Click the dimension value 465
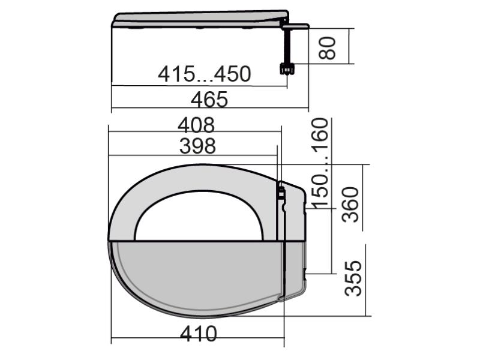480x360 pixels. (209, 99)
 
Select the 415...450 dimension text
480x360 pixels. (204, 74)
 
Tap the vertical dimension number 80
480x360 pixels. (327, 48)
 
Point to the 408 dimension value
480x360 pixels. (196, 125)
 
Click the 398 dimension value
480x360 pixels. (197, 146)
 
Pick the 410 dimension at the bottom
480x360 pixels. (199, 334)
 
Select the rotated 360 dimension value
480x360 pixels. (350, 205)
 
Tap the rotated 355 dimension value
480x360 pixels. (353, 278)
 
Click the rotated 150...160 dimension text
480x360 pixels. (320, 163)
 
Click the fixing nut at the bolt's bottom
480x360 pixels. (287, 68)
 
